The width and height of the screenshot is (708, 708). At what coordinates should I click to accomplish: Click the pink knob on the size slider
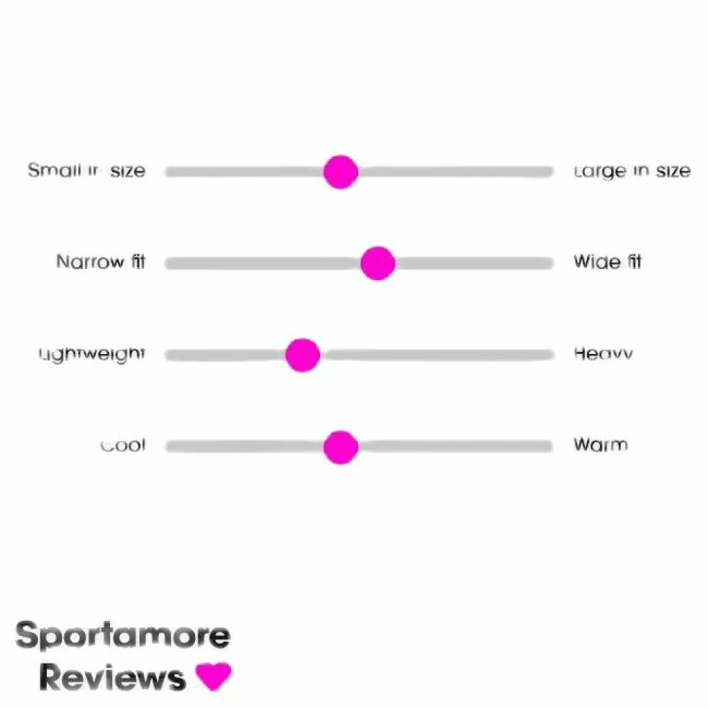340,172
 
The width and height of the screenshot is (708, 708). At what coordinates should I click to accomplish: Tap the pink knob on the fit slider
378,263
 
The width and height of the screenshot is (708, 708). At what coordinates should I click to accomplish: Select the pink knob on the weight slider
302,355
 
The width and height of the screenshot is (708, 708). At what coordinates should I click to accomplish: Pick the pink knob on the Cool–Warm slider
340,447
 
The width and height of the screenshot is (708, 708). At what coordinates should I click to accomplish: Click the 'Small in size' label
86,171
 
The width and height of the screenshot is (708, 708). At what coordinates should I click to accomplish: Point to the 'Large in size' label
632,171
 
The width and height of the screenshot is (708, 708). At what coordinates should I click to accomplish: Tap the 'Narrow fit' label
101,262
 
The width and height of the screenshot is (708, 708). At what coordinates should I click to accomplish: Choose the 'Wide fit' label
607,262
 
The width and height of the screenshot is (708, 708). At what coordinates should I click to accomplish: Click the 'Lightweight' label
92,354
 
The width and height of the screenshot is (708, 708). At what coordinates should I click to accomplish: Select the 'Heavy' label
603,353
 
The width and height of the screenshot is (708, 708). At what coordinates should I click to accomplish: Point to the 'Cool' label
122,445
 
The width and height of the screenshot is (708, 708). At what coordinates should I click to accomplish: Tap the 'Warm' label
600,445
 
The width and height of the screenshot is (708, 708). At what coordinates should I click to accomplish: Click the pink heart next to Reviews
214,676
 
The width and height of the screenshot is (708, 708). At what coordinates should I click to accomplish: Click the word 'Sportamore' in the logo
123,636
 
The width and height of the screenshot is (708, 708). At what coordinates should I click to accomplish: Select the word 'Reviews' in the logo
112,677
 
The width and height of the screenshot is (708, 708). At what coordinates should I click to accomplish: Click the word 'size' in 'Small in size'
127,171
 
